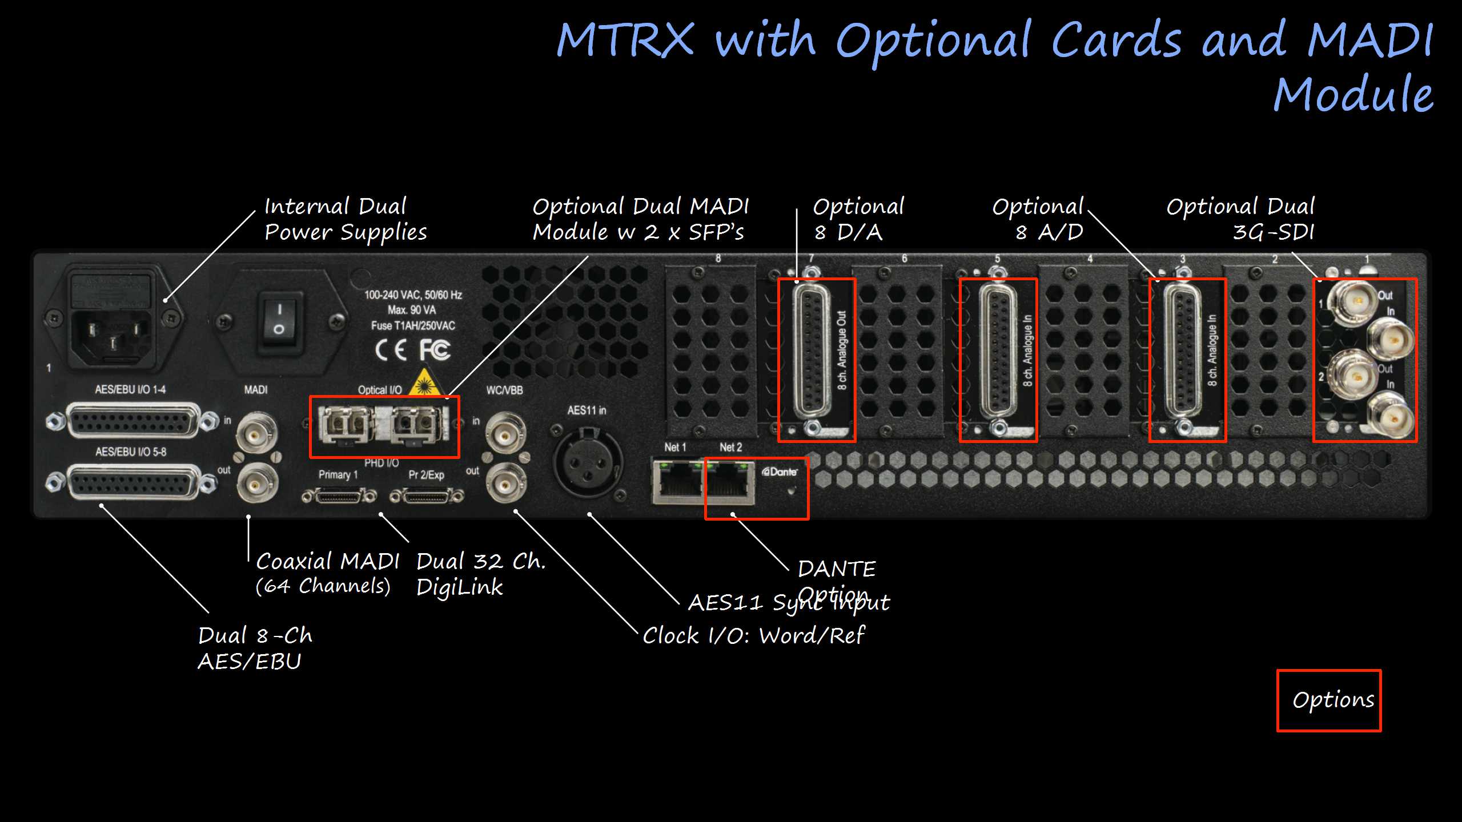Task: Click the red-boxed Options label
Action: tap(1333, 700)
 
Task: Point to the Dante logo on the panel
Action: tap(780, 472)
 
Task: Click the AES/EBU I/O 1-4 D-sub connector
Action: tap(133, 421)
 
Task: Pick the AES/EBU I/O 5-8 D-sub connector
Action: tap(133, 483)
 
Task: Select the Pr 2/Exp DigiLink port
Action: tap(427, 495)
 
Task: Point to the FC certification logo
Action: tap(435, 349)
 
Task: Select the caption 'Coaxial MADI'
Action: tap(327, 562)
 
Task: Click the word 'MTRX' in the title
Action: tap(625, 40)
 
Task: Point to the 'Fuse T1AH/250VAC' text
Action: tap(413, 326)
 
